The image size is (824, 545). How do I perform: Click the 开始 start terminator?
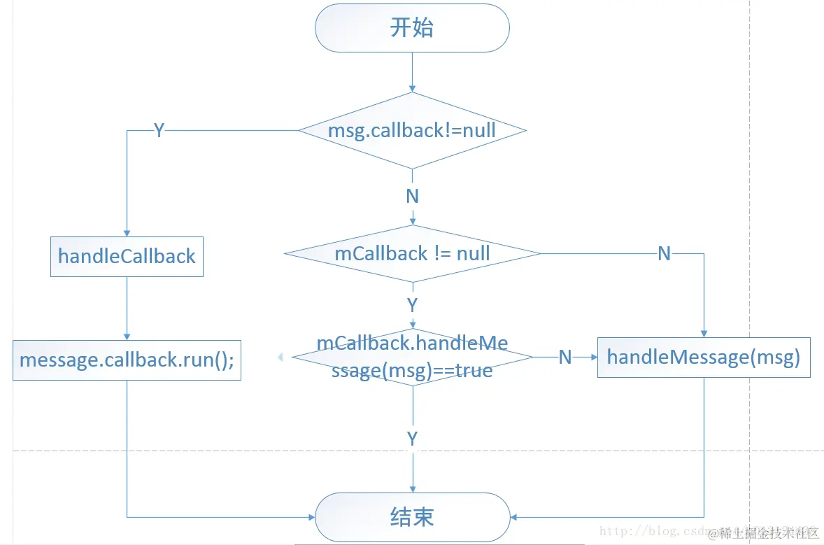coord(412,28)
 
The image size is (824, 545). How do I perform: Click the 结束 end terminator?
coord(412,517)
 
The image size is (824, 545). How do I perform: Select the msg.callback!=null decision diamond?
coord(412,130)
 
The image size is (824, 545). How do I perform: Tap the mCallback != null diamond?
coord(412,253)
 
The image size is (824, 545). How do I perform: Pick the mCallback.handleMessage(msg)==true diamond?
coord(412,357)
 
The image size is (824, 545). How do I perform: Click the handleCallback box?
coord(127,256)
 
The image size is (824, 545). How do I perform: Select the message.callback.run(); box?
coord(127,360)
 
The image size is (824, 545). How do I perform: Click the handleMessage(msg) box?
coord(703,358)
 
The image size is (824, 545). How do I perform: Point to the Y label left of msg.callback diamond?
coord(159,131)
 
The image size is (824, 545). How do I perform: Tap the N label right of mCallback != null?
coord(664,253)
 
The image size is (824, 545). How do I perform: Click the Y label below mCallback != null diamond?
coord(412,305)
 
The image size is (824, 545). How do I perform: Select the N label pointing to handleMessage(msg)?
coord(565,358)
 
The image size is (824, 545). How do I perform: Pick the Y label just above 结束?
coord(412,439)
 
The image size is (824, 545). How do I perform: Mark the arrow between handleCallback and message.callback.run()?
coord(127,308)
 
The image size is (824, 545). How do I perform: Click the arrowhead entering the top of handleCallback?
coord(127,233)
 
